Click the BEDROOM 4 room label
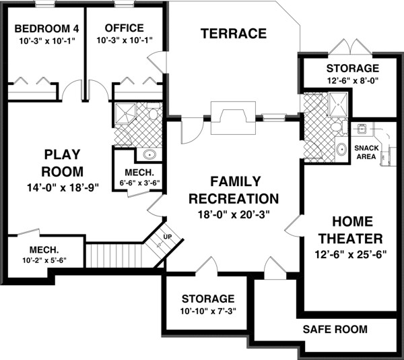42,28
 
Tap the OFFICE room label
125,28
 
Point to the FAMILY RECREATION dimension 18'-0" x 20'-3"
234,216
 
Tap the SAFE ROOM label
335,330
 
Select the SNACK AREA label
366,152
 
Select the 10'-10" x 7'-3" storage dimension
207,311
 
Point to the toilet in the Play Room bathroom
153,114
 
